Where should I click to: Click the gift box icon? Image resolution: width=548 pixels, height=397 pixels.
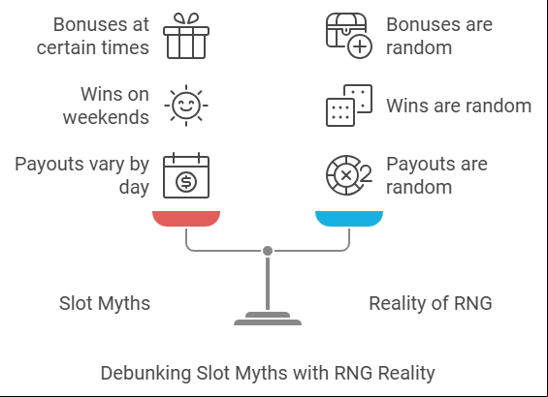pyautogui.click(x=186, y=36)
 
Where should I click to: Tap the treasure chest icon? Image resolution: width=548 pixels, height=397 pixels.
pyautogui.click(x=349, y=36)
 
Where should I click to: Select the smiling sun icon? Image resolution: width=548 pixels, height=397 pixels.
pyautogui.click(x=186, y=106)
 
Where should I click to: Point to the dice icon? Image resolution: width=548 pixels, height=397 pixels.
pyautogui.click(x=349, y=106)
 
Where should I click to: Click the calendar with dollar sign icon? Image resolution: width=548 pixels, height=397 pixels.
pyautogui.click(x=186, y=175)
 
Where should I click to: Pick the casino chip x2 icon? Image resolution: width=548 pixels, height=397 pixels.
pyautogui.click(x=349, y=175)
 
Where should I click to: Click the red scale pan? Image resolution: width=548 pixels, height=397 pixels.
pyautogui.click(x=186, y=219)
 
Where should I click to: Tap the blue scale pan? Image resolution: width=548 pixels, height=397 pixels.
pyautogui.click(x=349, y=219)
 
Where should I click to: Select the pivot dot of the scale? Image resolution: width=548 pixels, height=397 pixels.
pyautogui.click(x=268, y=251)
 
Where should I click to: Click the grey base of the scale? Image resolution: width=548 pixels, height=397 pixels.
pyautogui.click(x=268, y=319)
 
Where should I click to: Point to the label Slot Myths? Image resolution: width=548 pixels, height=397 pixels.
pyautogui.click(x=105, y=303)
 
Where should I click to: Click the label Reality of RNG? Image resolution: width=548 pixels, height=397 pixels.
pyautogui.click(x=431, y=303)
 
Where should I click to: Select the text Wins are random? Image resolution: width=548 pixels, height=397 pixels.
pyautogui.click(x=459, y=106)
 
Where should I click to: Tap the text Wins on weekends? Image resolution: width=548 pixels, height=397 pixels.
pyautogui.click(x=106, y=106)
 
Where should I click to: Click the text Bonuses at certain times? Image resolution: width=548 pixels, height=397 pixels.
pyautogui.click(x=92, y=36)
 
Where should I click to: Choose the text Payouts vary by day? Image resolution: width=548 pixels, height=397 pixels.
pyautogui.click(x=81, y=175)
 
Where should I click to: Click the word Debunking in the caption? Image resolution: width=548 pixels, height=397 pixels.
pyautogui.click(x=145, y=373)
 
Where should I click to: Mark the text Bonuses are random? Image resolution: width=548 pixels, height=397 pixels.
pyautogui.click(x=439, y=36)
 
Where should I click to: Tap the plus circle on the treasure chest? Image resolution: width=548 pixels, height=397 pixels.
pyautogui.click(x=360, y=46)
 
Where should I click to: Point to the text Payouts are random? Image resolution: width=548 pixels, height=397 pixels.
pyautogui.click(x=436, y=175)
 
